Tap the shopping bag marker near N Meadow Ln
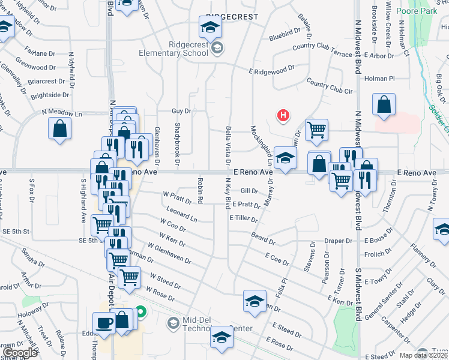pos(60,128)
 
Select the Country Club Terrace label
pos(322,50)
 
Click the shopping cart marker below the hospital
pos(316,129)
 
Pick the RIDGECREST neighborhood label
pos(232,17)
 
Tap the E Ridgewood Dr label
pos(271,70)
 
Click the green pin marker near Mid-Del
pos(140,312)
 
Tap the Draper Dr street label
pos(338,241)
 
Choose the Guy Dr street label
pos(181,111)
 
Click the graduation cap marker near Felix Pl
pos(255,301)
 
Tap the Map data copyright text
pos(423,355)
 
